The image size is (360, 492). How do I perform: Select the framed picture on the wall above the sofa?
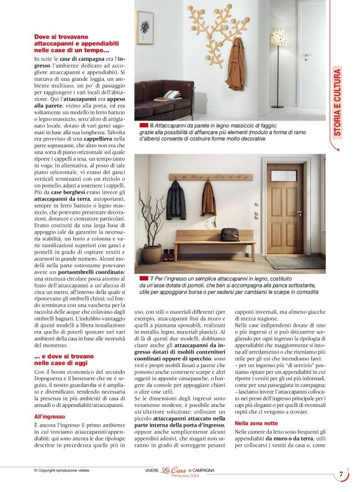145,27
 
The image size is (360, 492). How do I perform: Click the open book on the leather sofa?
168,95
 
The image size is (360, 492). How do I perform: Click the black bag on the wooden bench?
230,234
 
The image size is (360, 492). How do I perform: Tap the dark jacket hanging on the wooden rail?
176,199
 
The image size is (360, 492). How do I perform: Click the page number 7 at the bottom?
341,474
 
